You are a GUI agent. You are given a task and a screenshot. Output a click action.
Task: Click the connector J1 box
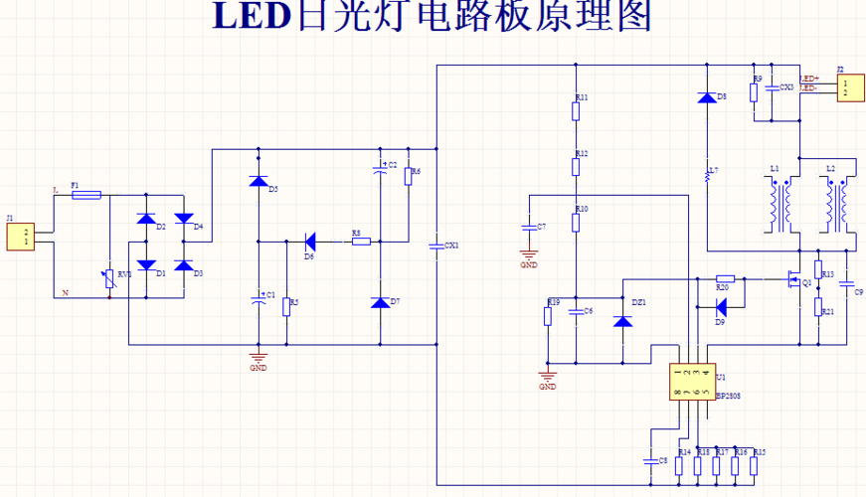point(21,237)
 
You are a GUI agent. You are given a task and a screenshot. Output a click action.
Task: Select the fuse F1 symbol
point(87,195)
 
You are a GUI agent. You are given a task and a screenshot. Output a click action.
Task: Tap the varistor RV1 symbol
point(109,281)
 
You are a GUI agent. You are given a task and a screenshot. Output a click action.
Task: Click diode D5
point(259,182)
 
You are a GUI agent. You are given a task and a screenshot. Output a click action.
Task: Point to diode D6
point(309,241)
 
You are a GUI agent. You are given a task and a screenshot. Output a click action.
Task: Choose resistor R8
point(360,241)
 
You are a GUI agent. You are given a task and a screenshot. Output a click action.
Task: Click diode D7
point(379,301)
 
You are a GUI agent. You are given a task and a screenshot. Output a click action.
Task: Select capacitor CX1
point(436,245)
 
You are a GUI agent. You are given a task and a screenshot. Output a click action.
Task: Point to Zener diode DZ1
point(623,321)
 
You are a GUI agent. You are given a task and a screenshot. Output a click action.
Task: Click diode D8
point(707,97)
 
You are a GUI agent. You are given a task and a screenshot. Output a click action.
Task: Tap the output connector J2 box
point(847,88)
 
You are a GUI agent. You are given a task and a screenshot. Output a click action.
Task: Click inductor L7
point(707,176)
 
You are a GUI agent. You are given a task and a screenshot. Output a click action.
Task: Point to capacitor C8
point(647,460)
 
